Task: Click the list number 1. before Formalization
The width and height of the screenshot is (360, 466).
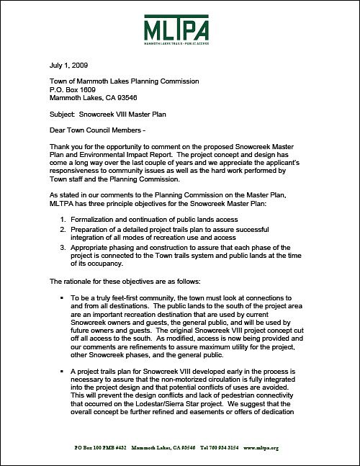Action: coord(63,218)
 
